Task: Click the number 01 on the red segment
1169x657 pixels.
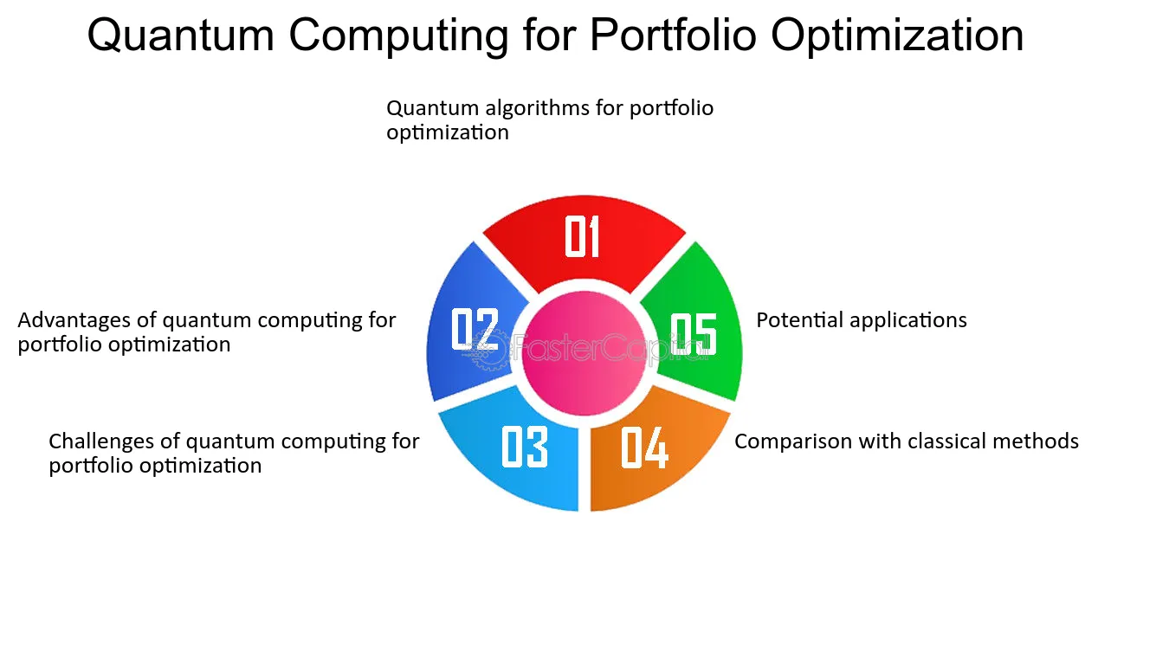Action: coord(582,236)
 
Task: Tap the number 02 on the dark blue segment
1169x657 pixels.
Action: coord(475,329)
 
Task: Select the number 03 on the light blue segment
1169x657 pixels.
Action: coord(525,447)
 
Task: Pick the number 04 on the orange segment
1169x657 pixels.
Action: coord(644,448)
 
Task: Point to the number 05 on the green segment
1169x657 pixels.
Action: coord(694,334)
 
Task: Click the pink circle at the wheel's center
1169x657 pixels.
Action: coord(584,353)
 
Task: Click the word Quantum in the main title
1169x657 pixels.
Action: coord(181,36)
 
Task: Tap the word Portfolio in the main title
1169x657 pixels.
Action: coord(673,35)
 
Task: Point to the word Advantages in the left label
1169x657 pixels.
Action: coord(74,321)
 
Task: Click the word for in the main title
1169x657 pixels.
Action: coord(549,35)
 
